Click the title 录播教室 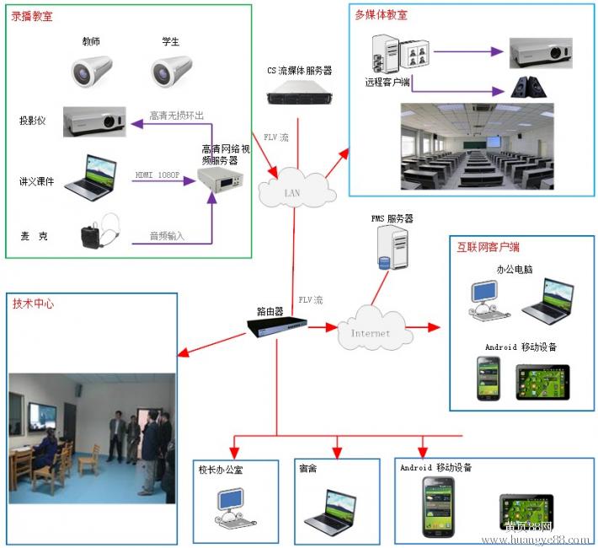(x=33, y=17)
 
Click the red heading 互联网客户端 (x=488, y=248)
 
